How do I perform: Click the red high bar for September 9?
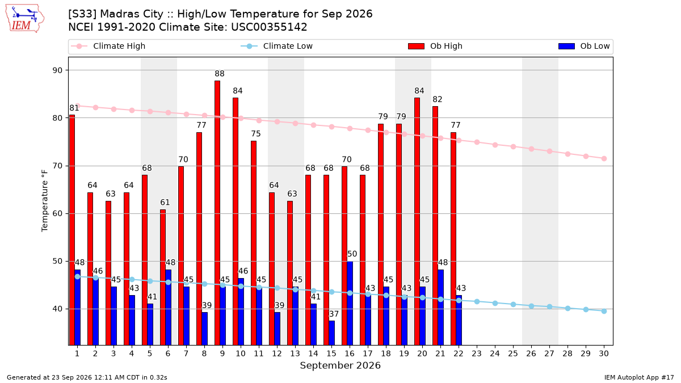217,213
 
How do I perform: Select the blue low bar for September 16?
350,303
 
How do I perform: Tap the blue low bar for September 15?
331,333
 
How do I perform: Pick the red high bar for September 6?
163,277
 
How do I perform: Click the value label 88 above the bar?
220,74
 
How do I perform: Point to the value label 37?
334,314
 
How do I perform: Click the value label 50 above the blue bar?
352,254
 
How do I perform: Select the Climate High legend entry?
108,46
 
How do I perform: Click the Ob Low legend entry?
584,46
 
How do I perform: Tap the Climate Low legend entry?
277,46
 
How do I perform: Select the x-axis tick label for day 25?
513,353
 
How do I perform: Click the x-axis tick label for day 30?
604,353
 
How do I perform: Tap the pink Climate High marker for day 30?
604,159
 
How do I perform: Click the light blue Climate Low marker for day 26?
531,306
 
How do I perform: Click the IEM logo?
24,19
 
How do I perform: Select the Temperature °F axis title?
45,201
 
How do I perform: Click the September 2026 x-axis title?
340,365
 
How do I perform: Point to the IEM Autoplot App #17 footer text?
639,377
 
